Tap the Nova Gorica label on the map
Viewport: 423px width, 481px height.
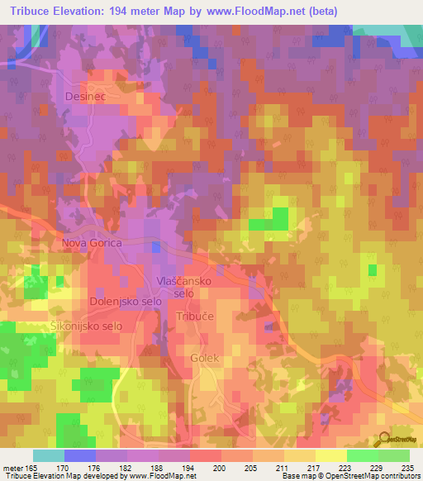[92, 244]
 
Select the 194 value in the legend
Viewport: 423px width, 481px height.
[190, 467]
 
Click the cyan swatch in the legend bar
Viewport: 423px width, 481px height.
[49, 455]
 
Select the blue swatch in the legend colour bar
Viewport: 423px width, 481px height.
[80, 455]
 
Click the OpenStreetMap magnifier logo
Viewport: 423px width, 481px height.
[383, 437]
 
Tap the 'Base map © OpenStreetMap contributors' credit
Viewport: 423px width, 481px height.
[348, 476]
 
